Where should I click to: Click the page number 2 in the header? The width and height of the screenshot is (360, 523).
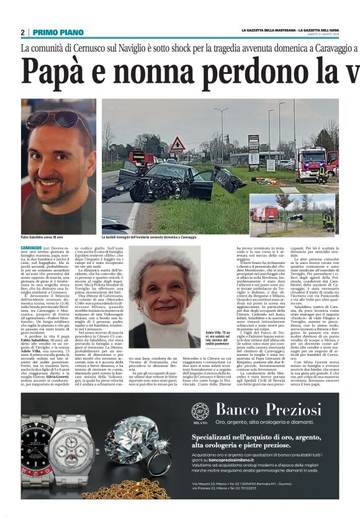pyautogui.click(x=22, y=32)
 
